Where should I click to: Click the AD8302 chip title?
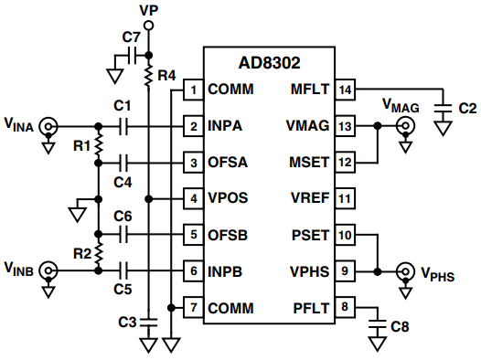pos(269,63)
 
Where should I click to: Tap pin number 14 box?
pos(345,90)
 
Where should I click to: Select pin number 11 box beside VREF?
pos(345,198)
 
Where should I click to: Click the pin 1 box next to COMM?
pos(193,90)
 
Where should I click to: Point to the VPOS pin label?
pos(228,198)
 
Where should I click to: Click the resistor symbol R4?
pos(148,76)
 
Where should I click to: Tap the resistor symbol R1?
pos(99,145)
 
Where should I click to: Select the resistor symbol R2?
pos(99,253)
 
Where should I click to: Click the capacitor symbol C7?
pos(133,56)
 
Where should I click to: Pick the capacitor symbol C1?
pos(123,126)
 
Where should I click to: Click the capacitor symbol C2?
pos(443,109)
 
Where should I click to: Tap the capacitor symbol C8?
pos(377,324)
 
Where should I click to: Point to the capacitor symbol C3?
pos(148,322)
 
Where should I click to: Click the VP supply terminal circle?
pos(148,26)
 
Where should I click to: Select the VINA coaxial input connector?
pos(48,126)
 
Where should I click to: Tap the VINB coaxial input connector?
pos(48,270)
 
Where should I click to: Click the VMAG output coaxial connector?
pos(405,126)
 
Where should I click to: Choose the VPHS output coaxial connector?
pos(405,271)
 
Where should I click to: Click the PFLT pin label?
pos(311,308)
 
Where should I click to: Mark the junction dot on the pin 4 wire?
pos(148,199)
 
